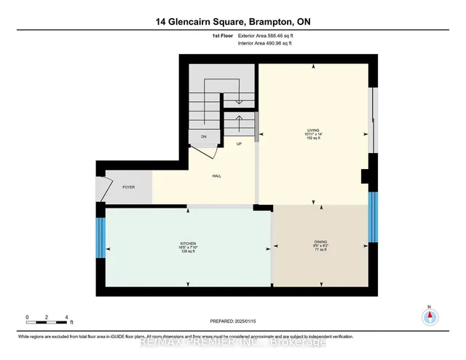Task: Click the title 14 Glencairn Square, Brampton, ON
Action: point(233,23)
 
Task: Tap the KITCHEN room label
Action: point(189,243)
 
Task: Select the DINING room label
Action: point(320,242)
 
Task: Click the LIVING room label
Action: point(314,132)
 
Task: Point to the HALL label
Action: point(216,176)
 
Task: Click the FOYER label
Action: point(129,187)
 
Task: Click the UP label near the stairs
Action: point(239,144)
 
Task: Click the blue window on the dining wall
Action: point(373,219)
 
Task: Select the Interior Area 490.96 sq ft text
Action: point(266,43)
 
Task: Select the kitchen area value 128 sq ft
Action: point(189,251)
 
